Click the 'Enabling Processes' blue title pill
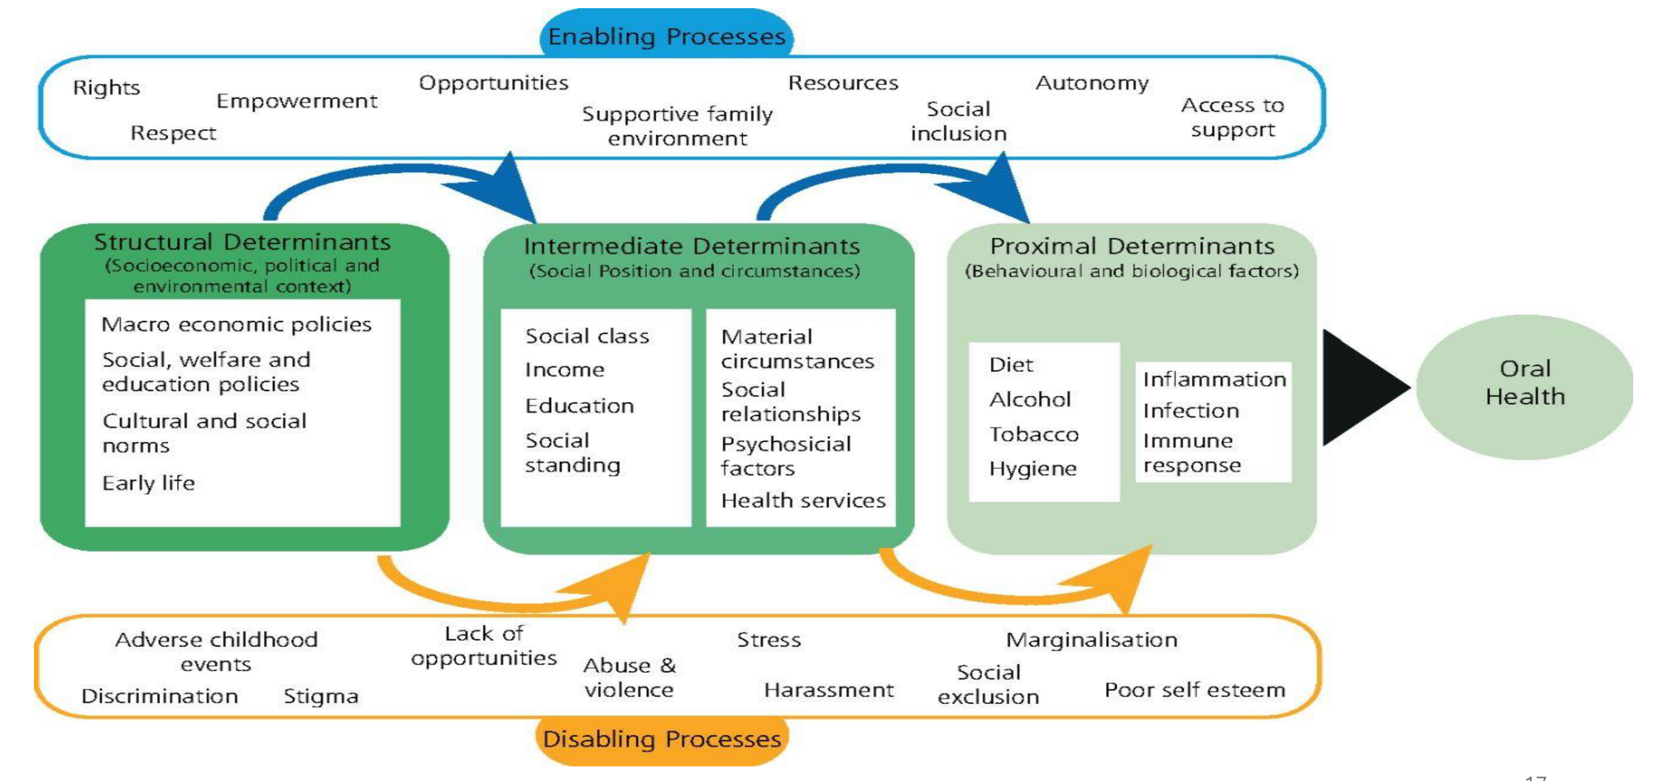666,36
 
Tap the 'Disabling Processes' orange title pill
661,739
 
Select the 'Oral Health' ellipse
1525,387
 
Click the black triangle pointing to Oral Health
1363,387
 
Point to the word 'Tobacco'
1034,434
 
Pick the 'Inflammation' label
1214,379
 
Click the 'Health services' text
803,500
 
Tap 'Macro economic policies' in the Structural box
236,324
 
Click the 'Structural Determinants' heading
242,241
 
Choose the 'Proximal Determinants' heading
1132,246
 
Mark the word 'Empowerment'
297,101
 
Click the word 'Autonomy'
1092,84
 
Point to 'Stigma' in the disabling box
321,696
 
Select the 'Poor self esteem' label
1195,690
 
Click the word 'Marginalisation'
1092,640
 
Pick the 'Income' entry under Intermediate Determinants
565,369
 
